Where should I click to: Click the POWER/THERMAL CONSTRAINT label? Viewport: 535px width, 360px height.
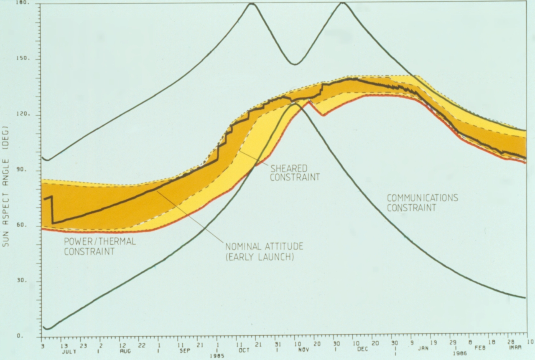pyautogui.click(x=99, y=246)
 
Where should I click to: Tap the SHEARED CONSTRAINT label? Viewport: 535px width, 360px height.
pyautogui.click(x=295, y=172)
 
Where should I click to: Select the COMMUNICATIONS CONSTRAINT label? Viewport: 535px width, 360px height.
pyautogui.click(x=422, y=203)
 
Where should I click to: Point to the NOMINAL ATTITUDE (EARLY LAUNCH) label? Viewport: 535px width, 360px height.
pyautogui.click(x=264, y=251)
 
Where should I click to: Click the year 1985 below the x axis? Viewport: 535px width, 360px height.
pyautogui.click(x=217, y=356)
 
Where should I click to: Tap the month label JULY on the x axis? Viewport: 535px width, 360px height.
pyautogui.click(x=70, y=352)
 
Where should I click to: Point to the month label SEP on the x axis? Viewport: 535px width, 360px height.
pyautogui.click(x=184, y=351)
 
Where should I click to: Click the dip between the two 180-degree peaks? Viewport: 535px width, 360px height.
pyautogui.click(x=295, y=64)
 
